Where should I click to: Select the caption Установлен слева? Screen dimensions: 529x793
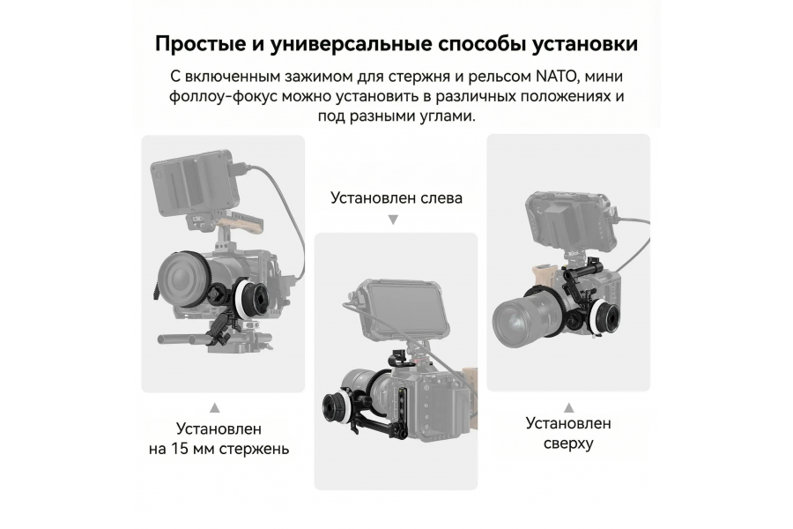pos(396,197)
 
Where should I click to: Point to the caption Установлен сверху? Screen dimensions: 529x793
pos(568,433)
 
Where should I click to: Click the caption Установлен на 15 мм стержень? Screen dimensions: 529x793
pos(219,439)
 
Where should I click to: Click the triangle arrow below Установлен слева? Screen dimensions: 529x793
pos(393,220)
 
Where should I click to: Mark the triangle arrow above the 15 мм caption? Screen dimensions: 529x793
pos(214,407)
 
